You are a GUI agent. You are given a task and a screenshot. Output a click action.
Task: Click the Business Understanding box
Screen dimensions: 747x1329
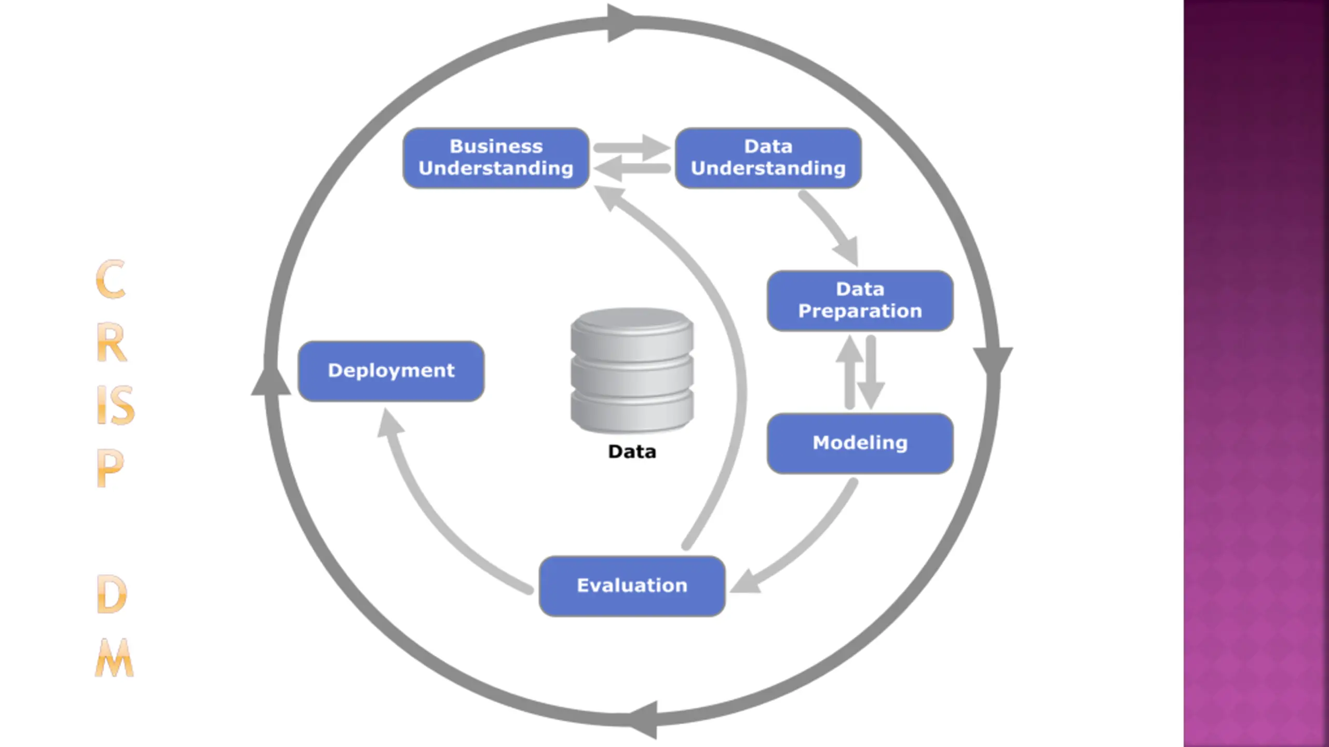(x=496, y=158)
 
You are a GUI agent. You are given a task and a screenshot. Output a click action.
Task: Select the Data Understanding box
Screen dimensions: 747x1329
(x=768, y=158)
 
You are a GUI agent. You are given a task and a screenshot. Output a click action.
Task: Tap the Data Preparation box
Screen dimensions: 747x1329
(x=860, y=300)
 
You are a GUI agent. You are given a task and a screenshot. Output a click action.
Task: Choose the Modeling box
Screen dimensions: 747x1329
(x=860, y=443)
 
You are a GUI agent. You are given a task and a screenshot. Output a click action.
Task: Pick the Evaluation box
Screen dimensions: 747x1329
(x=632, y=586)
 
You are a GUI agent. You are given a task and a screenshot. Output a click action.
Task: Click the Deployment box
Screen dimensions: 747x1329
(x=391, y=371)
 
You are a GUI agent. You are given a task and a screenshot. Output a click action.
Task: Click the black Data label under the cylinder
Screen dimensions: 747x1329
(x=632, y=452)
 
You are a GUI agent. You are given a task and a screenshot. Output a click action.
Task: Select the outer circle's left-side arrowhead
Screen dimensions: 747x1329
(x=270, y=381)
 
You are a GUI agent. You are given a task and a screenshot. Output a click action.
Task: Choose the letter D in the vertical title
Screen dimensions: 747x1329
(x=111, y=594)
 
